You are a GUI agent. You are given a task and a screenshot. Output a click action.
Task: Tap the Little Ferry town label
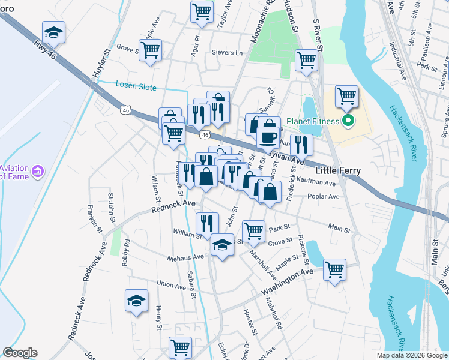point(339,171)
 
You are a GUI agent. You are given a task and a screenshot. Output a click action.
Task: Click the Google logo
point(20,353)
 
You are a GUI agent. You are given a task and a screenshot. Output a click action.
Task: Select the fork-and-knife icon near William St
point(207,224)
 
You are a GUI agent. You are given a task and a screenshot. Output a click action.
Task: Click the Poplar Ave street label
point(323,196)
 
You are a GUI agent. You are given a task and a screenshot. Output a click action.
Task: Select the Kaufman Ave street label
point(319,182)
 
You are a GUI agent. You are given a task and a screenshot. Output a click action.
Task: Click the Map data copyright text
point(411,355)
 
